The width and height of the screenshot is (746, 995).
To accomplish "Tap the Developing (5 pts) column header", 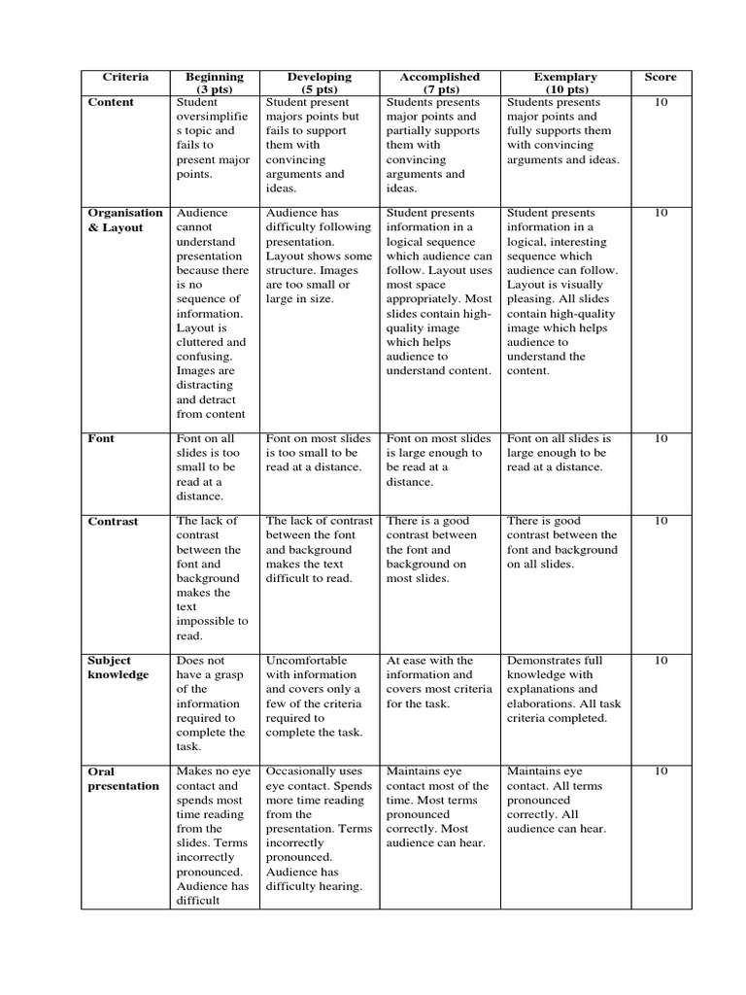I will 319,83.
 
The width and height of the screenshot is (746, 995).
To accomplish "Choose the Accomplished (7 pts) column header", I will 440,83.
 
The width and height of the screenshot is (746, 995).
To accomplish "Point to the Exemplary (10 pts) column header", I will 565,83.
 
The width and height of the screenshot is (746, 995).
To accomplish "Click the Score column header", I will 661,77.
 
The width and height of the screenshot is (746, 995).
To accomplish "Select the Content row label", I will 112,102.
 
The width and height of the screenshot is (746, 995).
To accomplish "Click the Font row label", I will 101,438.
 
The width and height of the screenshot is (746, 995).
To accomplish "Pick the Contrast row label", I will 114,521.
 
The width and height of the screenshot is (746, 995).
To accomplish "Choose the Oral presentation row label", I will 123,778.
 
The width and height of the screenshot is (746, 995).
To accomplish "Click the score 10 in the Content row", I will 661,102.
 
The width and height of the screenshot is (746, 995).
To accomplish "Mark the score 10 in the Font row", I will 661,438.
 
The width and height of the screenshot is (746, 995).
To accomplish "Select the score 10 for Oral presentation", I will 661,772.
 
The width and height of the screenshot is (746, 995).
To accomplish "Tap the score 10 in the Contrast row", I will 661,521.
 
